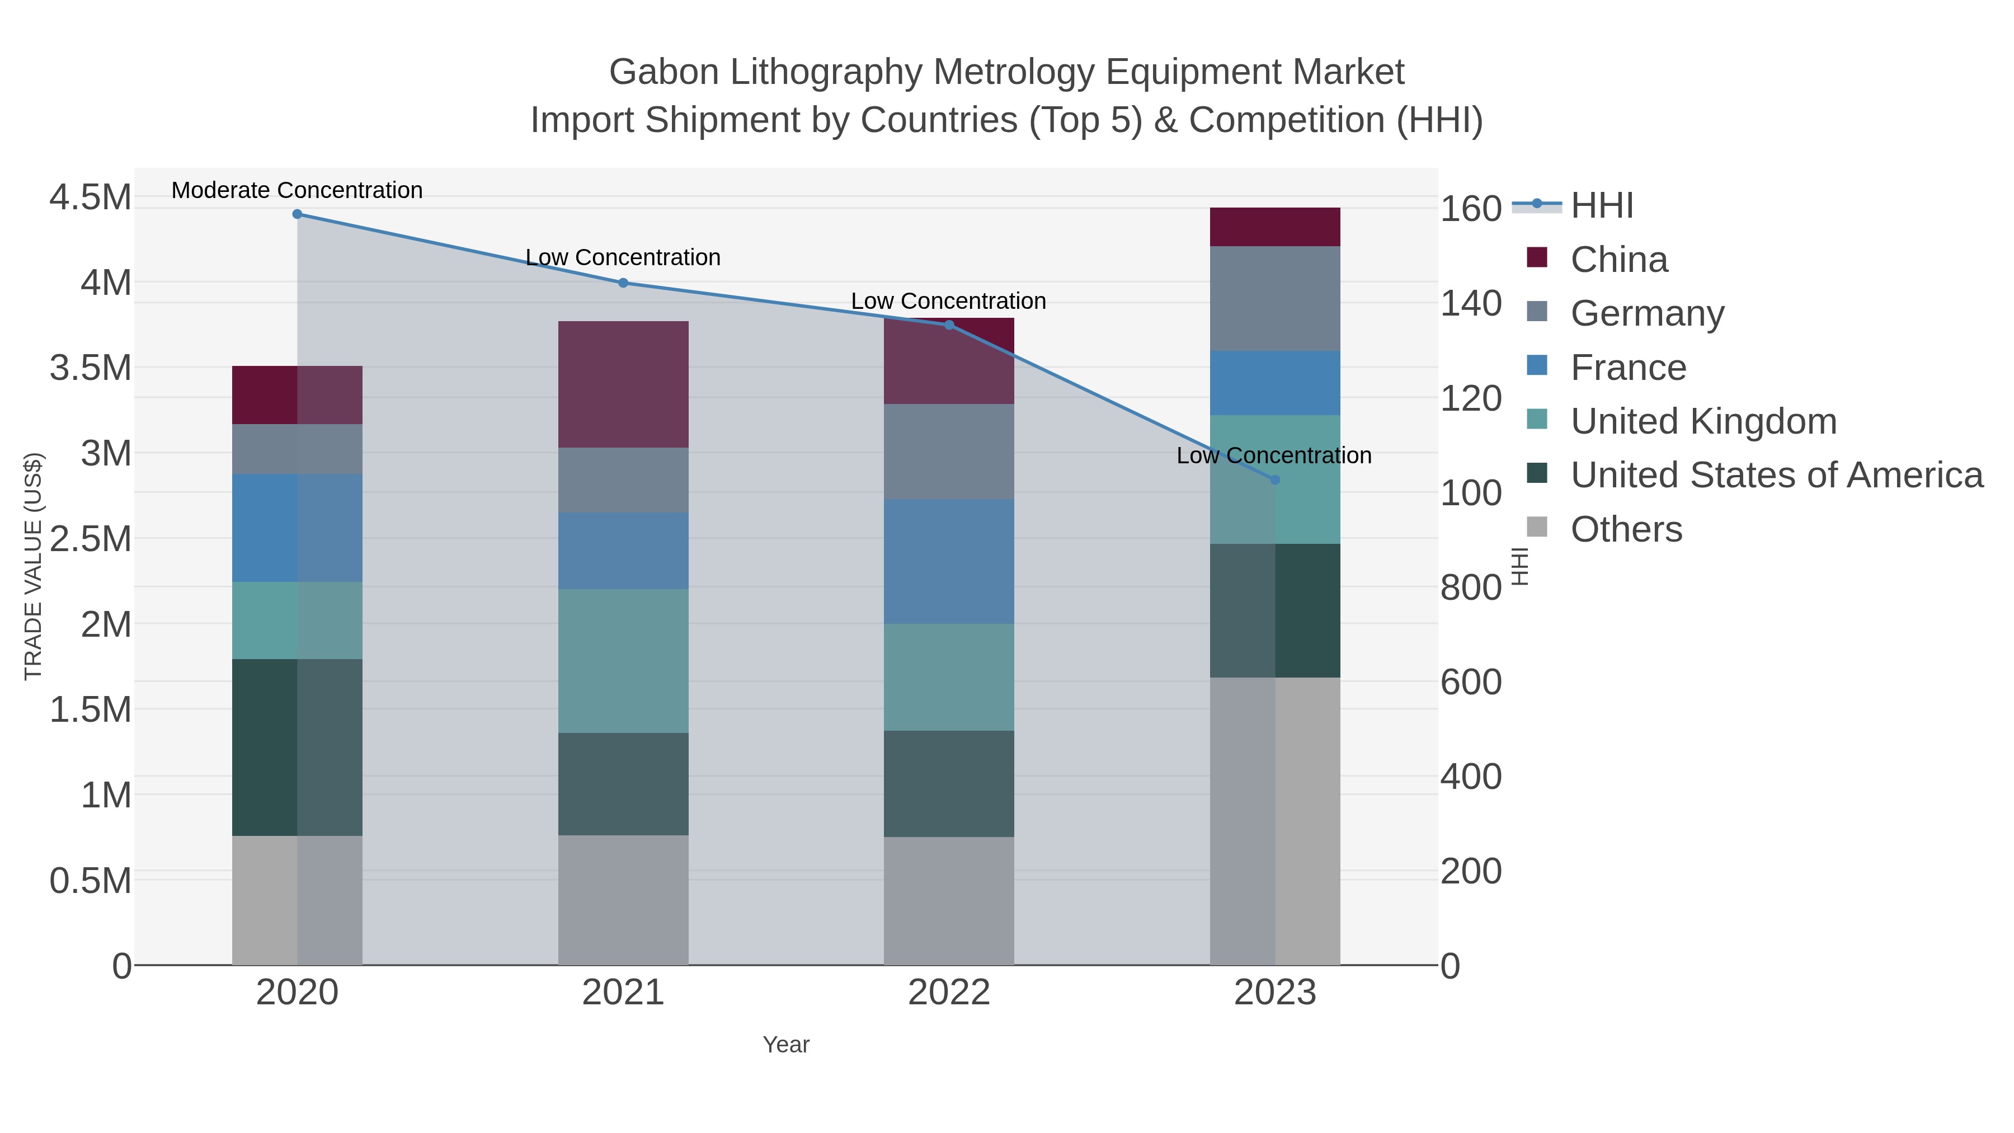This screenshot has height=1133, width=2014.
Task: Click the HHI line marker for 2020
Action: pyautogui.click(x=297, y=214)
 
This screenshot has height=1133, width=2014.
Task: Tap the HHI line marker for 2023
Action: pyautogui.click(x=1275, y=480)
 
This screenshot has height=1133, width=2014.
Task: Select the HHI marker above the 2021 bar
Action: pyautogui.click(x=623, y=283)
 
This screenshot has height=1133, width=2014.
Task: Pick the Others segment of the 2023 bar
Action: pyautogui.click(x=1275, y=821)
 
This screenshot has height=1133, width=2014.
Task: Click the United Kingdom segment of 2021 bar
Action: pyautogui.click(x=623, y=661)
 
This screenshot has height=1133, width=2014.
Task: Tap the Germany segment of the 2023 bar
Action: pyautogui.click(x=1275, y=299)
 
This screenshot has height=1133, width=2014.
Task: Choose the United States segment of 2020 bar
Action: pyautogui.click(x=297, y=748)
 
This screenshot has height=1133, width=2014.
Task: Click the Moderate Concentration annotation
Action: pyautogui.click(x=297, y=190)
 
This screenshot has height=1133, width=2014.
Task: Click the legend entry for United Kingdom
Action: pyautogui.click(x=1703, y=421)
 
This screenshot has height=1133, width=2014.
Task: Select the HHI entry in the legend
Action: pyautogui.click(x=1601, y=206)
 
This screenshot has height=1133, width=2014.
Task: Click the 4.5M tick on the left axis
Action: pyautogui.click(x=91, y=197)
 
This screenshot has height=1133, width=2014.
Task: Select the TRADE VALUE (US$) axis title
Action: pyautogui.click(x=34, y=566)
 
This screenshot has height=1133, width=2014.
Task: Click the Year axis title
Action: pyautogui.click(x=786, y=1045)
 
